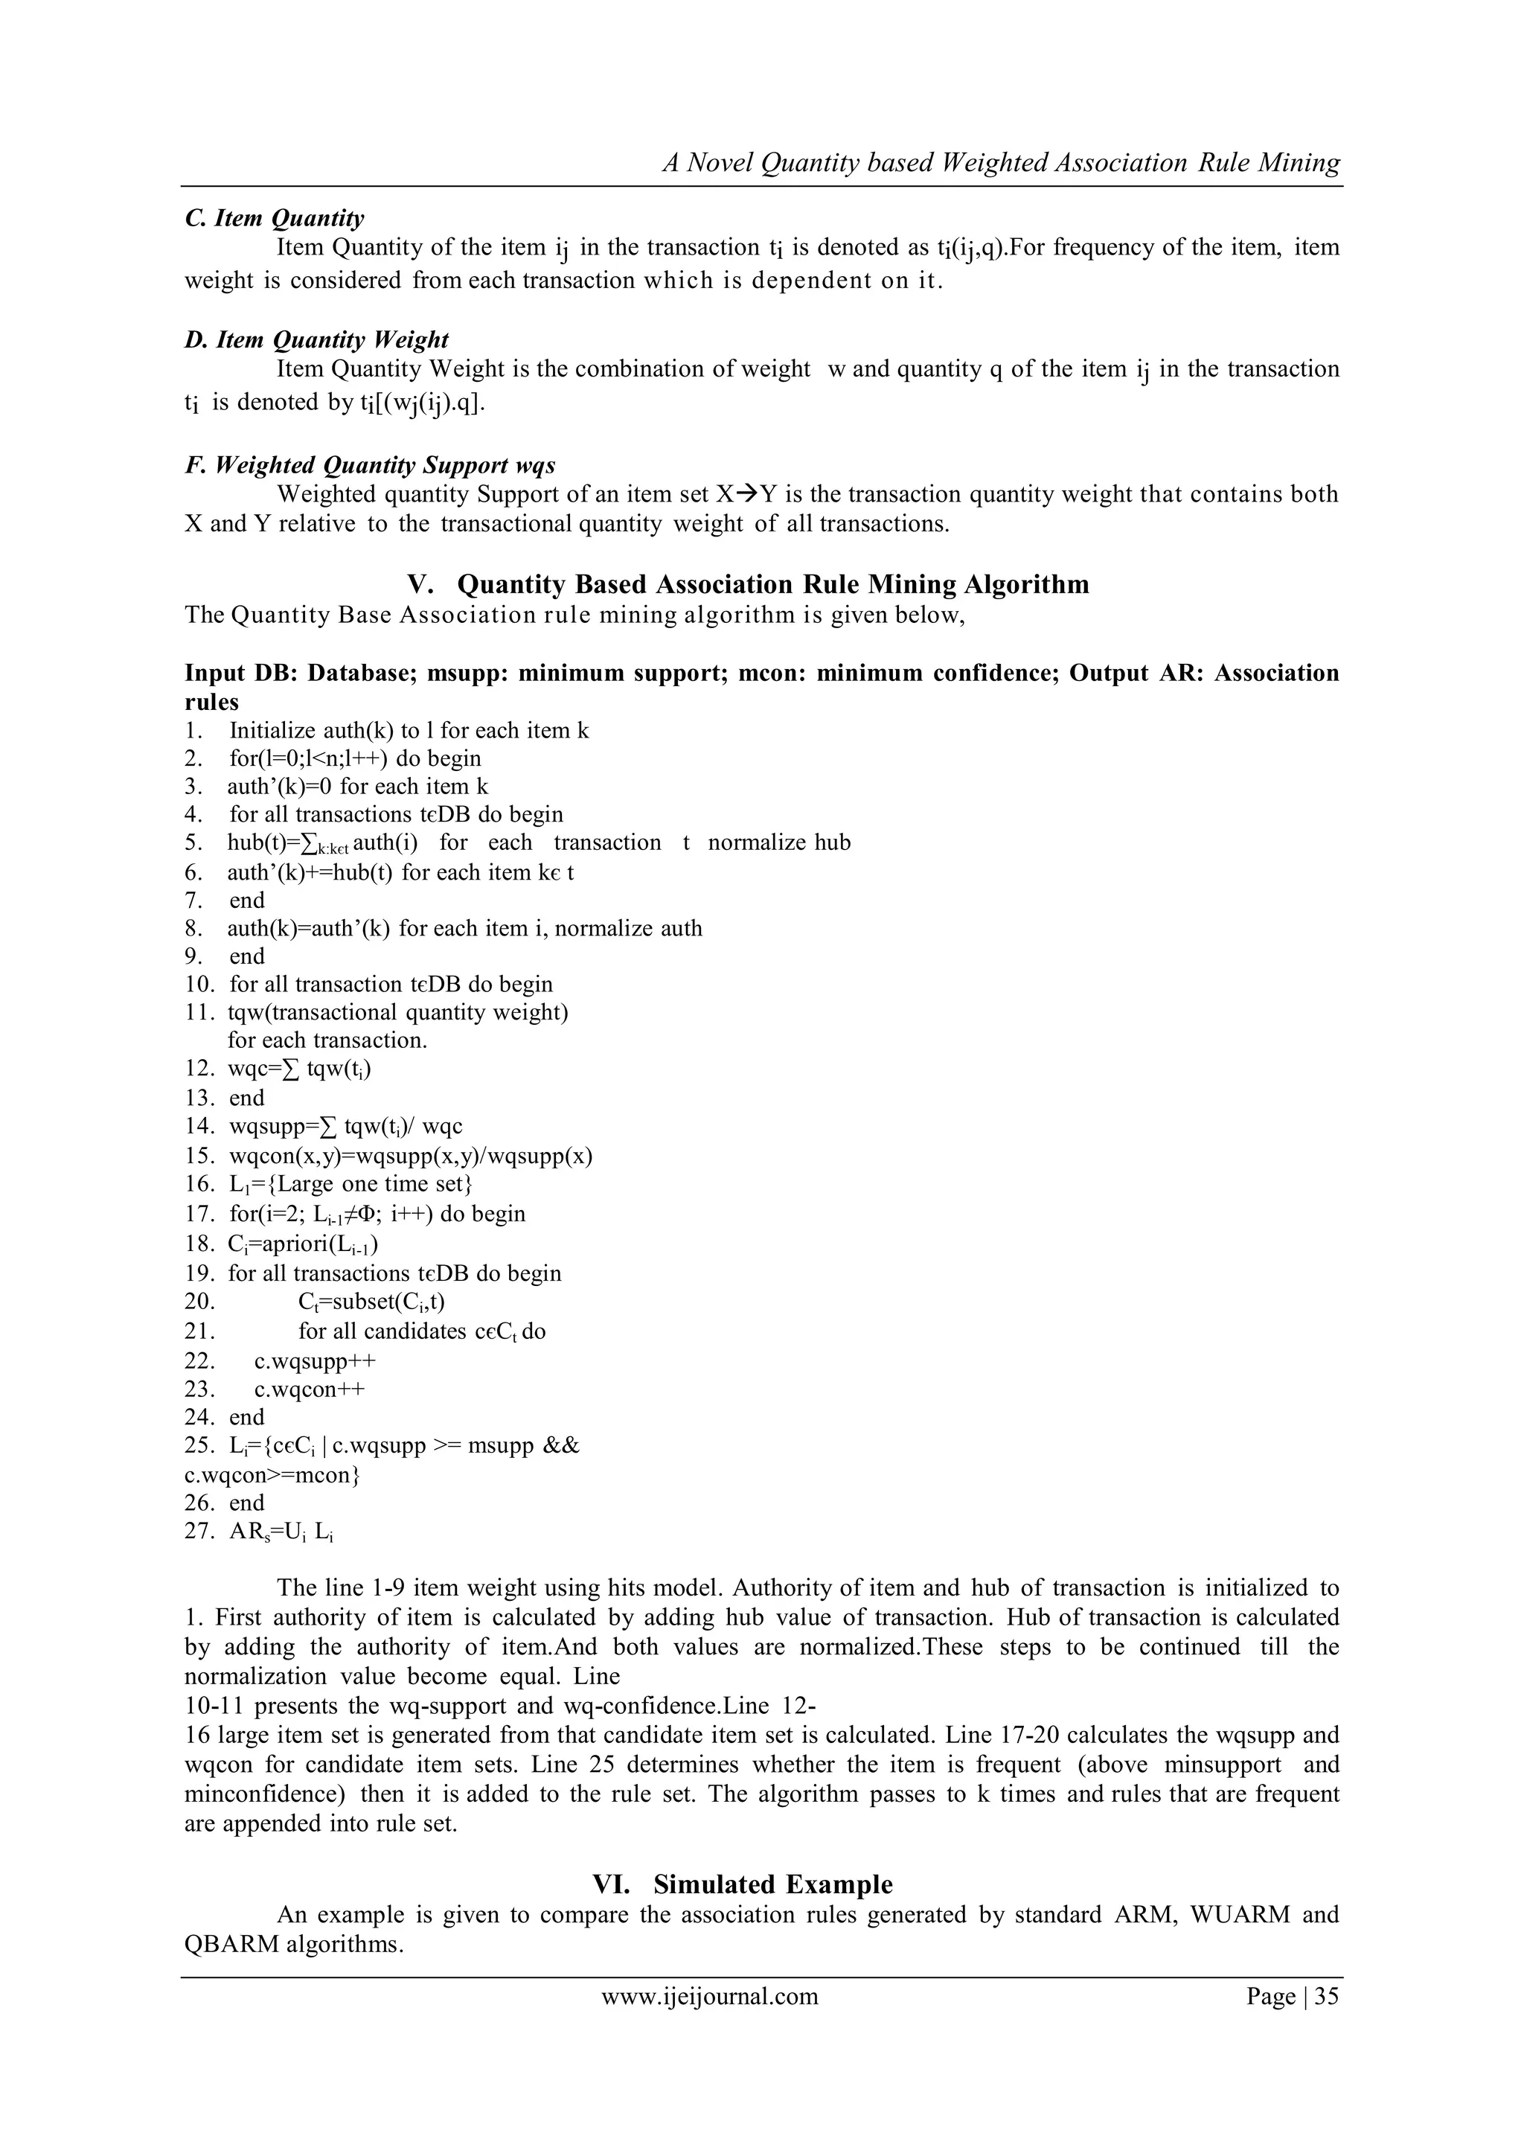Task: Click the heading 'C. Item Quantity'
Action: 274,218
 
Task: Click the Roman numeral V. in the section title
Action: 419,584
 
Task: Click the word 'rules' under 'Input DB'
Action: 211,702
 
